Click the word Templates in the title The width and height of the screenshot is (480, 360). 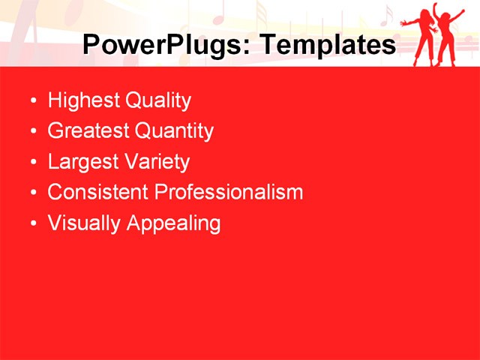(326, 45)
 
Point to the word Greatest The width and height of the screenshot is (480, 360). (88, 131)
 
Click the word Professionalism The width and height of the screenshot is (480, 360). (229, 192)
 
